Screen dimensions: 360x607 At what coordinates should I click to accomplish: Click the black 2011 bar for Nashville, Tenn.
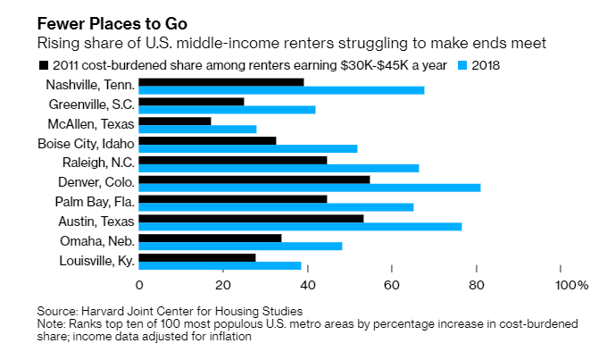[x=221, y=81]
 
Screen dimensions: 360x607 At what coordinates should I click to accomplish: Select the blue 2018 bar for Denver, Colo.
[x=310, y=188]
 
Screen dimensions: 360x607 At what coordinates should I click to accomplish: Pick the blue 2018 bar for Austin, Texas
[x=300, y=227]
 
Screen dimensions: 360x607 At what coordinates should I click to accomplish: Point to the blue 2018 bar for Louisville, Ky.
[x=220, y=266]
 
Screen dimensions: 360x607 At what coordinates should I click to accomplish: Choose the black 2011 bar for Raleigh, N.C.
[x=233, y=160]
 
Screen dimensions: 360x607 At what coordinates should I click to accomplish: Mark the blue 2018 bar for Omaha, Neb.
[x=240, y=247]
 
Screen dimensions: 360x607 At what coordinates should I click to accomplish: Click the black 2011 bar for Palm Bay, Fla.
[x=233, y=199]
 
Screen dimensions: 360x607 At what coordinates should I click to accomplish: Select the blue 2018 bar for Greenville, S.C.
[x=227, y=110]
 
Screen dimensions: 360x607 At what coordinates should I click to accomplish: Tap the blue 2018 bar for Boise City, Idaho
[x=248, y=148]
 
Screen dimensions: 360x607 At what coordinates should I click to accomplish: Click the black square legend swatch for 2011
[x=43, y=64]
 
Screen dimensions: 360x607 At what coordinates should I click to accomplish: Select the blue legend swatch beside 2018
[x=464, y=64]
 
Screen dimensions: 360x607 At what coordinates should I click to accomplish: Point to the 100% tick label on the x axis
[x=571, y=285]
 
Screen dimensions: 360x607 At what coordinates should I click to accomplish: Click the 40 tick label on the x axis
[x=308, y=285]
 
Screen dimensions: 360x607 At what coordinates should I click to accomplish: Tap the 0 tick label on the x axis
[x=139, y=285]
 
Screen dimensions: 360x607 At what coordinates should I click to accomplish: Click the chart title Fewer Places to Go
[x=100, y=22]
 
